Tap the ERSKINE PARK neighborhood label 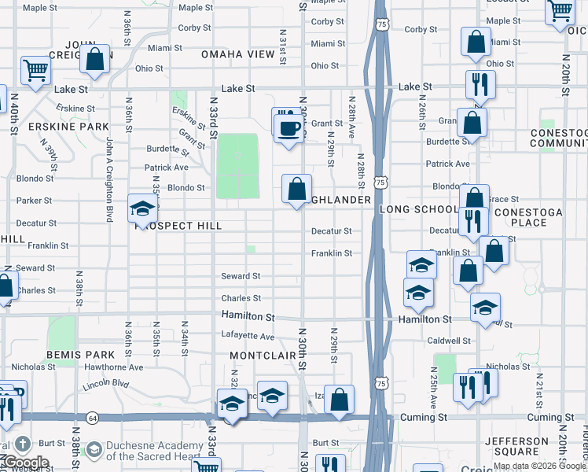tap(68, 127)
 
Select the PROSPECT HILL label tap(178, 226)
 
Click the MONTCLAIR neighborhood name tap(263, 356)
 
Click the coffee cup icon tap(288, 126)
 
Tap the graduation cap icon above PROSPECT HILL tap(143, 208)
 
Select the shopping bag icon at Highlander tap(296, 190)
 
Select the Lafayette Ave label tap(247, 337)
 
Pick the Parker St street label tap(34, 201)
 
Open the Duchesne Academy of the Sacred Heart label tap(153, 450)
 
